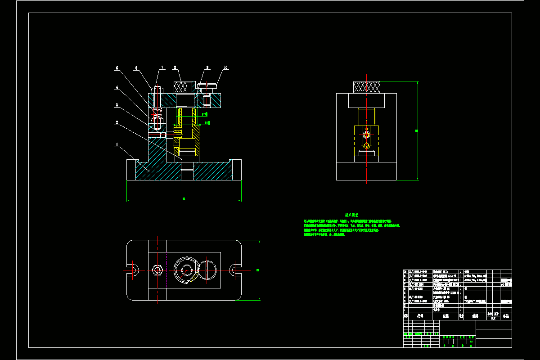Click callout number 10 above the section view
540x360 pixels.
click(x=225, y=67)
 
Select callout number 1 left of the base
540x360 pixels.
click(x=117, y=145)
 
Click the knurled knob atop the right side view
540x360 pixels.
click(x=367, y=87)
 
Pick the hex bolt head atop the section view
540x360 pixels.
click(x=157, y=88)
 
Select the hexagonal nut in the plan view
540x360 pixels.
click(x=157, y=270)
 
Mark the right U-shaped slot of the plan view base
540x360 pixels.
click(x=235, y=270)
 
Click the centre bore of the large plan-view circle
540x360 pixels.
click(x=186, y=270)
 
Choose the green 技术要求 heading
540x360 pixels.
click(x=351, y=215)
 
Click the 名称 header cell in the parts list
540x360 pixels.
click(x=445, y=316)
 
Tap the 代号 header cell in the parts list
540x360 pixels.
click(x=420, y=316)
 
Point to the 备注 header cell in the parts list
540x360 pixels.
click(x=506, y=316)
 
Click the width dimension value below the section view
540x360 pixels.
click(x=184, y=198)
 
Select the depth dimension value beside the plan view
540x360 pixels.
click(x=257, y=270)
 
